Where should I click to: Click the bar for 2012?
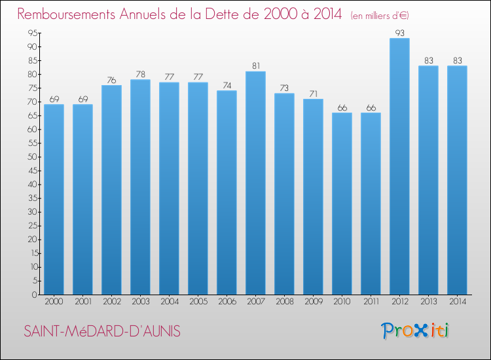(x=399, y=166)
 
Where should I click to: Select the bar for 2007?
(x=255, y=183)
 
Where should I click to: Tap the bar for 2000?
(x=54, y=199)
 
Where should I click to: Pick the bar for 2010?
(x=342, y=204)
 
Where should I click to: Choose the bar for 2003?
(x=140, y=187)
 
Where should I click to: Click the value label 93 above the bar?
(x=399, y=32)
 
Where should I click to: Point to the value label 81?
(x=255, y=65)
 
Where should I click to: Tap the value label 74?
(x=227, y=84)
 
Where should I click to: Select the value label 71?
(x=313, y=93)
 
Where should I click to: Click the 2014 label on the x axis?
(x=457, y=302)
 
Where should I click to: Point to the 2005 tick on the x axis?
(x=198, y=302)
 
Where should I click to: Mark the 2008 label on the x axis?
(x=284, y=302)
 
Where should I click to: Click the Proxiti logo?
(x=414, y=331)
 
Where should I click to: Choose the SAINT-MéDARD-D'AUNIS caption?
(x=102, y=332)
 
